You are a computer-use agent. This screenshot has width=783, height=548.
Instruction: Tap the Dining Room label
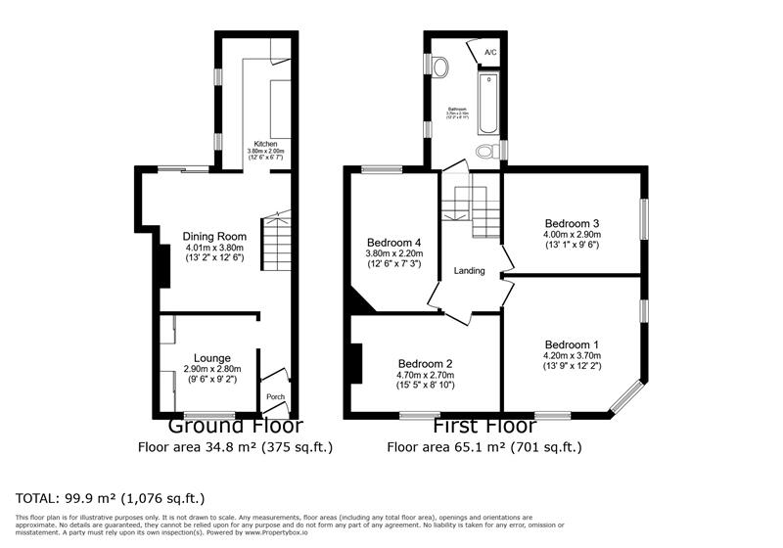212,236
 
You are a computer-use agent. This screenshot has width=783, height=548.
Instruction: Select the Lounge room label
211,357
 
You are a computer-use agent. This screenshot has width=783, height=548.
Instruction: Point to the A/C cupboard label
490,52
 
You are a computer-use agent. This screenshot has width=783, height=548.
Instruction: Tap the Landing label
469,271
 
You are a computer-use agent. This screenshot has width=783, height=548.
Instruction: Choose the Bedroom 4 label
393,243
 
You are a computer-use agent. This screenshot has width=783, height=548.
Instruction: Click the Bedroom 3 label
573,222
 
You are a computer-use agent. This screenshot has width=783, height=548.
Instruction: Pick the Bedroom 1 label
573,344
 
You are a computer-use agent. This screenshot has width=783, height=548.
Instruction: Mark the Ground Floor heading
236,427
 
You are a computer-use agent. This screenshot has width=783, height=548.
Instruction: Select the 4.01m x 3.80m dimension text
212,248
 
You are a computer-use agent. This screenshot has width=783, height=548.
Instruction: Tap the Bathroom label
457,110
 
